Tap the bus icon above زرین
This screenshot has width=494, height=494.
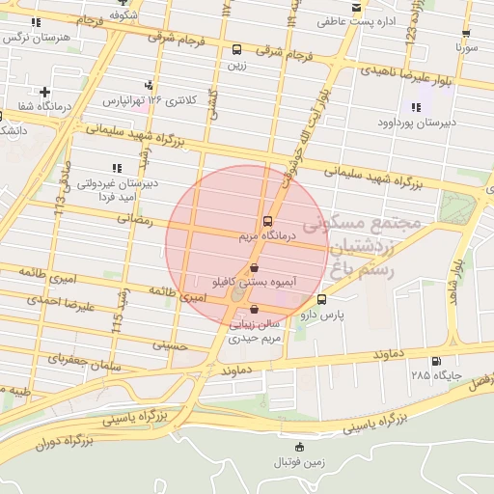pos(237,50)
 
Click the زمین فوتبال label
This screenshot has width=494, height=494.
pos(298,461)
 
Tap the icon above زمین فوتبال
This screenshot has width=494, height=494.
pos(298,446)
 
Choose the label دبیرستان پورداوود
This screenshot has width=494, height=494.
pos(417,123)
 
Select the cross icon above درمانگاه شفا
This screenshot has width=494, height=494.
pos(44,92)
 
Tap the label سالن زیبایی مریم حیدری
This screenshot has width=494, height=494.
pos(254,332)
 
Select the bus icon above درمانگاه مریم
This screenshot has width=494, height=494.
pos(267,220)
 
